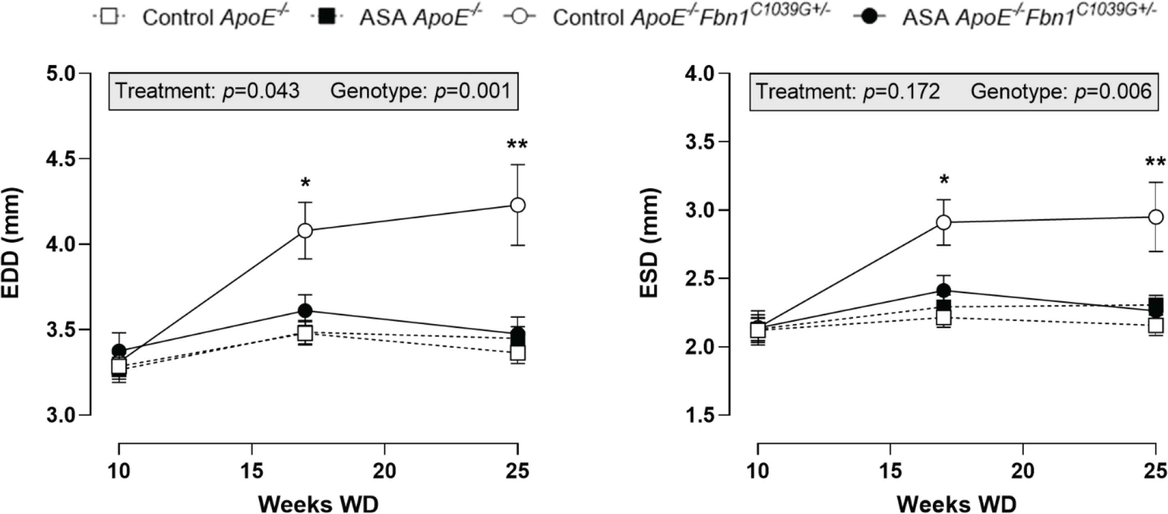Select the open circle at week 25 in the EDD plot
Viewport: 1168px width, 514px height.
pyautogui.click(x=518, y=205)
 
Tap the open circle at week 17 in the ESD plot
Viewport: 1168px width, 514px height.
pyautogui.click(x=944, y=222)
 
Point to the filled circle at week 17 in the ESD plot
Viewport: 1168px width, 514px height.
pyautogui.click(x=944, y=291)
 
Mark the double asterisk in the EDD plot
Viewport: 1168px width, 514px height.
pyautogui.click(x=517, y=146)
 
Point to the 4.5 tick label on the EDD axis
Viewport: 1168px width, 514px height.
pyautogui.click(x=61, y=159)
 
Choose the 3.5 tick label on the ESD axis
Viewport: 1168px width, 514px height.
pyautogui.click(x=700, y=142)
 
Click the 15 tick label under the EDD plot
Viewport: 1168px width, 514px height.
pyautogui.click(x=252, y=471)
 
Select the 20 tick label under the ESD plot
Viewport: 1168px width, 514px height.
pyautogui.click(x=1023, y=471)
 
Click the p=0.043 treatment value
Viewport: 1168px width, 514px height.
pyautogui.click(x=261, y=91)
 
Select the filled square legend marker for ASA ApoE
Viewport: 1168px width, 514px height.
pyautogui.click(x=326, y=17)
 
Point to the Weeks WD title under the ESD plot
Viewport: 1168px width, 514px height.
pyautogui.click(x=956, y=504)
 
